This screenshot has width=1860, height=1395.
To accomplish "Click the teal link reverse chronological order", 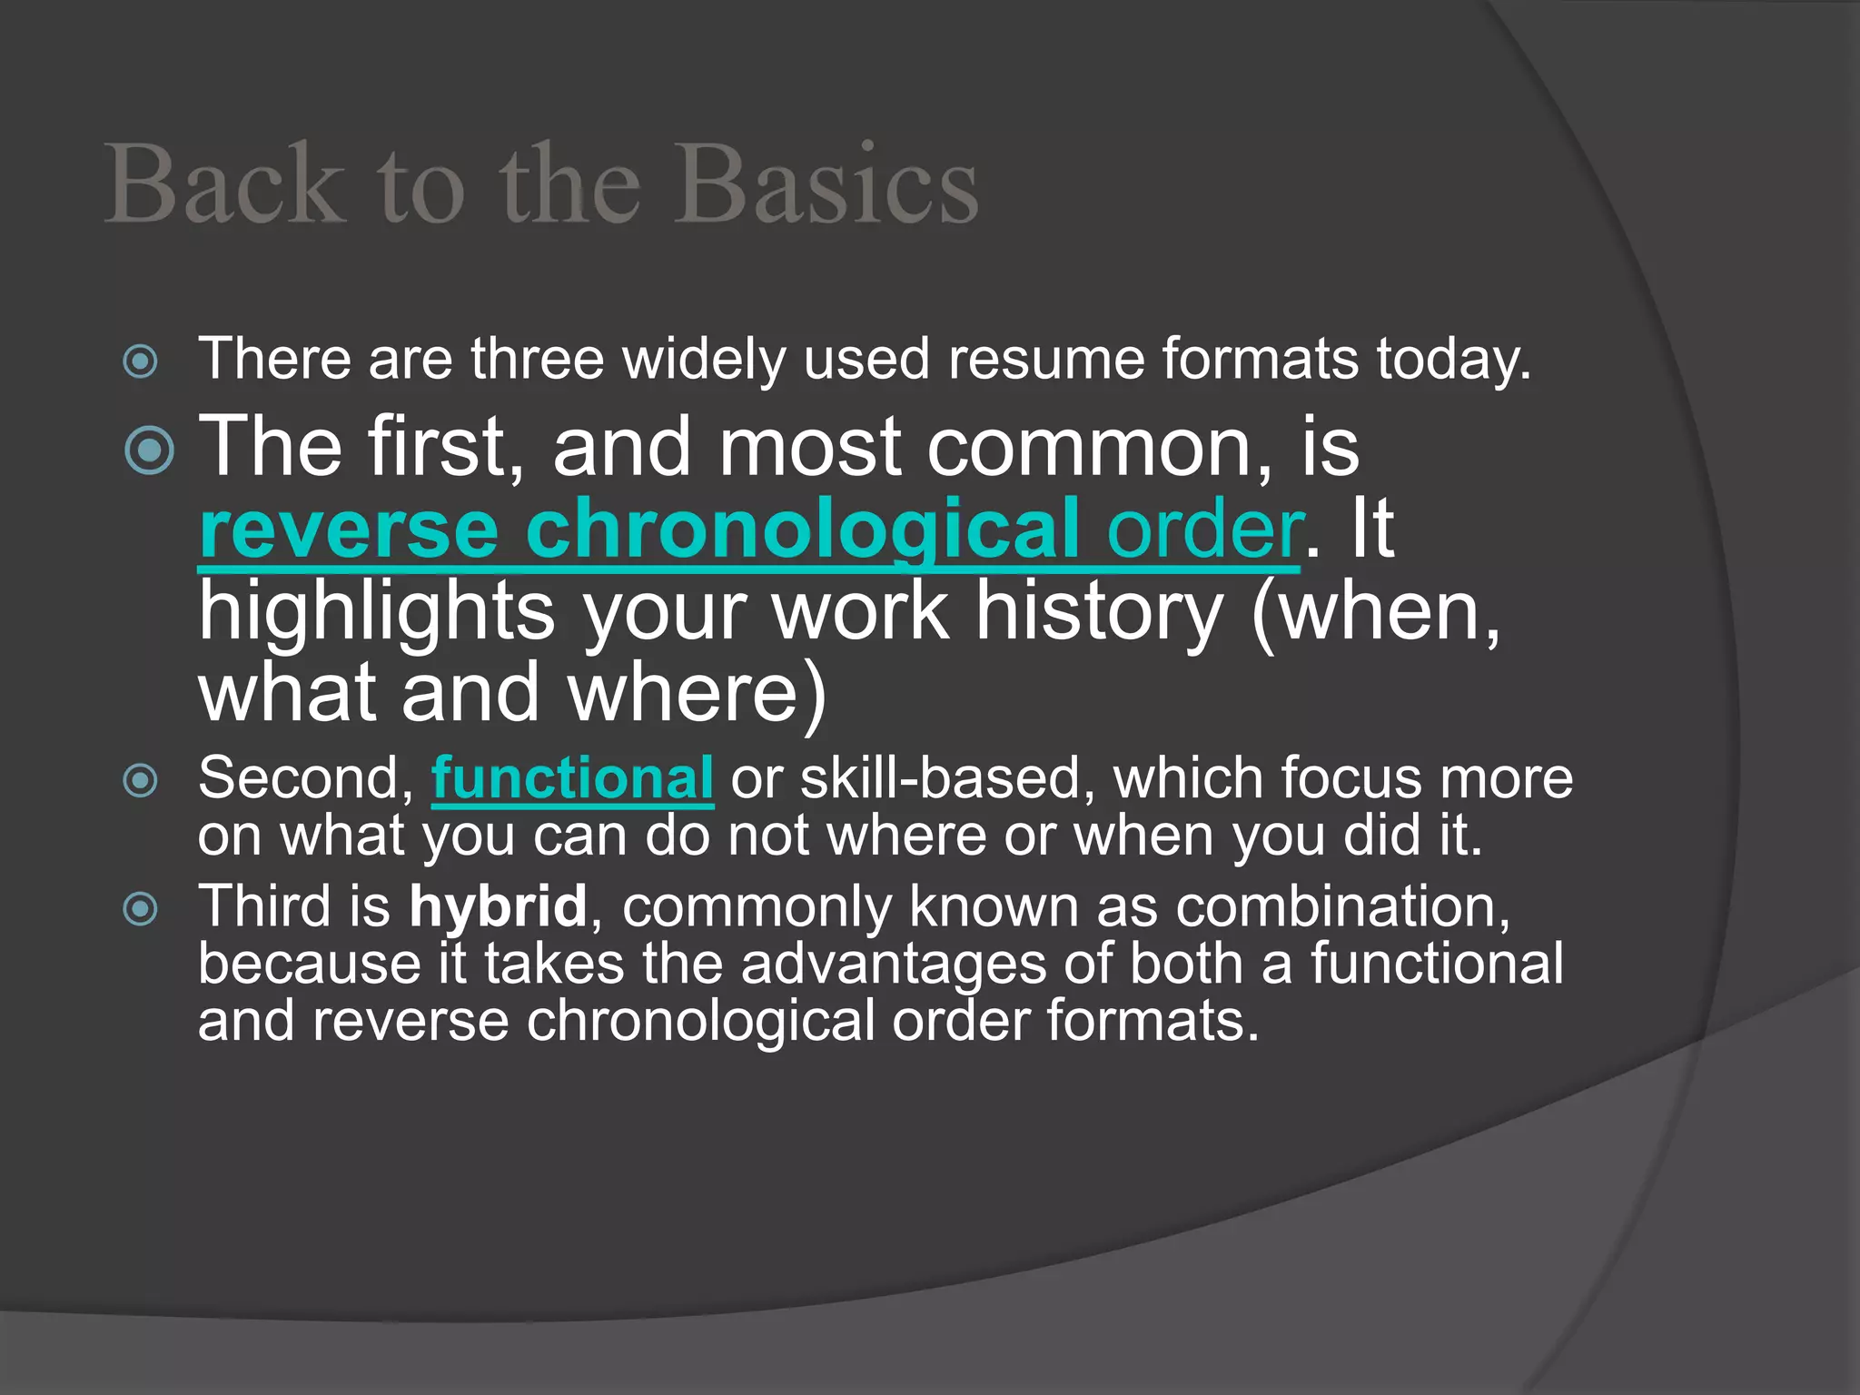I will (749, 529).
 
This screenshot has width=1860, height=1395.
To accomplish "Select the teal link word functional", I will (572, 778).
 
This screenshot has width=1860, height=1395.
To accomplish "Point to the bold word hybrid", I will (498, 906).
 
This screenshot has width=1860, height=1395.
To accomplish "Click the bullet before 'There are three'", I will (141, 361).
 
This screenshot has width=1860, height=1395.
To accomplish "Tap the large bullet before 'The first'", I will (149, 450).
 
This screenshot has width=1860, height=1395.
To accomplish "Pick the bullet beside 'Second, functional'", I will (141, 780).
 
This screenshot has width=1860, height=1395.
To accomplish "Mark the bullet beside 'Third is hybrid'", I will (141, 908).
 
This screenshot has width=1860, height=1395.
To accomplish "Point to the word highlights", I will (377, 611).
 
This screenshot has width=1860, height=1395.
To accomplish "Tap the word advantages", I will (894, 964).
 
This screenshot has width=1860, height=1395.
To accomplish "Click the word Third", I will (264, 906).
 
